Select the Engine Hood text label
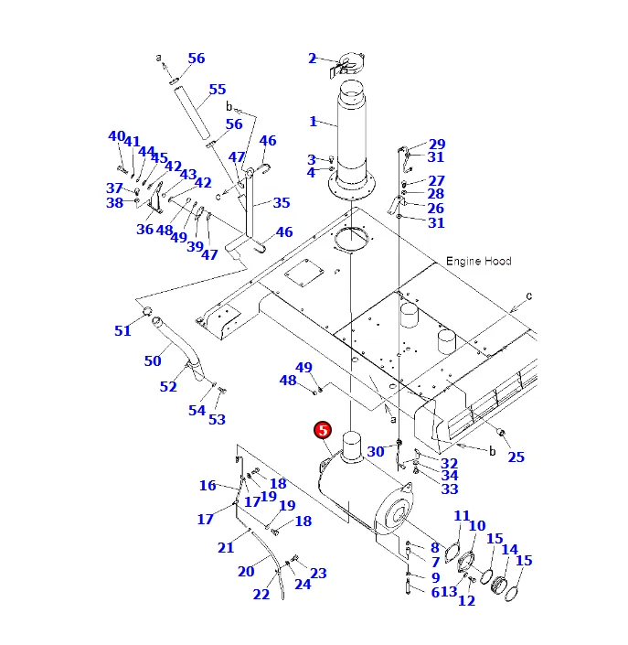[478, 262]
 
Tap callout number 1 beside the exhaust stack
[313, 122]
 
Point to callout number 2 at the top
[312, 59]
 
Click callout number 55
[217, 90]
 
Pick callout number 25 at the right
[516, 457]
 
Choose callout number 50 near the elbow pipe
[153, 361]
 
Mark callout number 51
[122, 331]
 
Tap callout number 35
[281, 203]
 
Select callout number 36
[144, 230]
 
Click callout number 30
[376, 451]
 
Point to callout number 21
[226, 547]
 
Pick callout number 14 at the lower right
[509, 550]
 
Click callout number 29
[437, 145]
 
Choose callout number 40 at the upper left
[116, 136]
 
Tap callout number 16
[208, 486]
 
